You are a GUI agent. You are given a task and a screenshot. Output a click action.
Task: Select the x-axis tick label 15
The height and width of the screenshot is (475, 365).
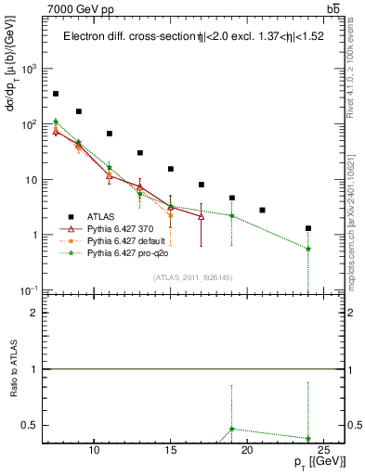[171, 450]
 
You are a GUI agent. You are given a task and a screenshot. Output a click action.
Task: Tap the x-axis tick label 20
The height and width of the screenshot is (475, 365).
[247, 450]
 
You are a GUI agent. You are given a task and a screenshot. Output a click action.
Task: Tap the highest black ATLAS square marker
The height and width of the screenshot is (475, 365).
[56, 94]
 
